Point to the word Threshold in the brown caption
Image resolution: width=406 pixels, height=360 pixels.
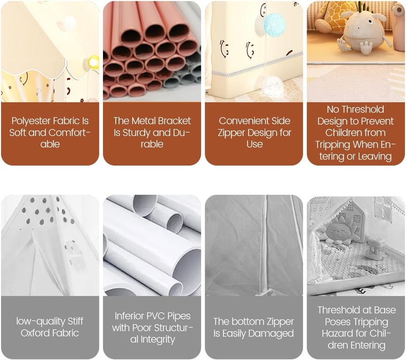click(x=355, y=110)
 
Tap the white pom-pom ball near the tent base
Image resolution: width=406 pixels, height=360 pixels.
click(x=273, y=85)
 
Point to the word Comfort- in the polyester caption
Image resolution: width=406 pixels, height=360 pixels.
click(x=70, y=133)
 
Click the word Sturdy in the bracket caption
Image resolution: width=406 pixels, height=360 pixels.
click(x=137, y=133)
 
